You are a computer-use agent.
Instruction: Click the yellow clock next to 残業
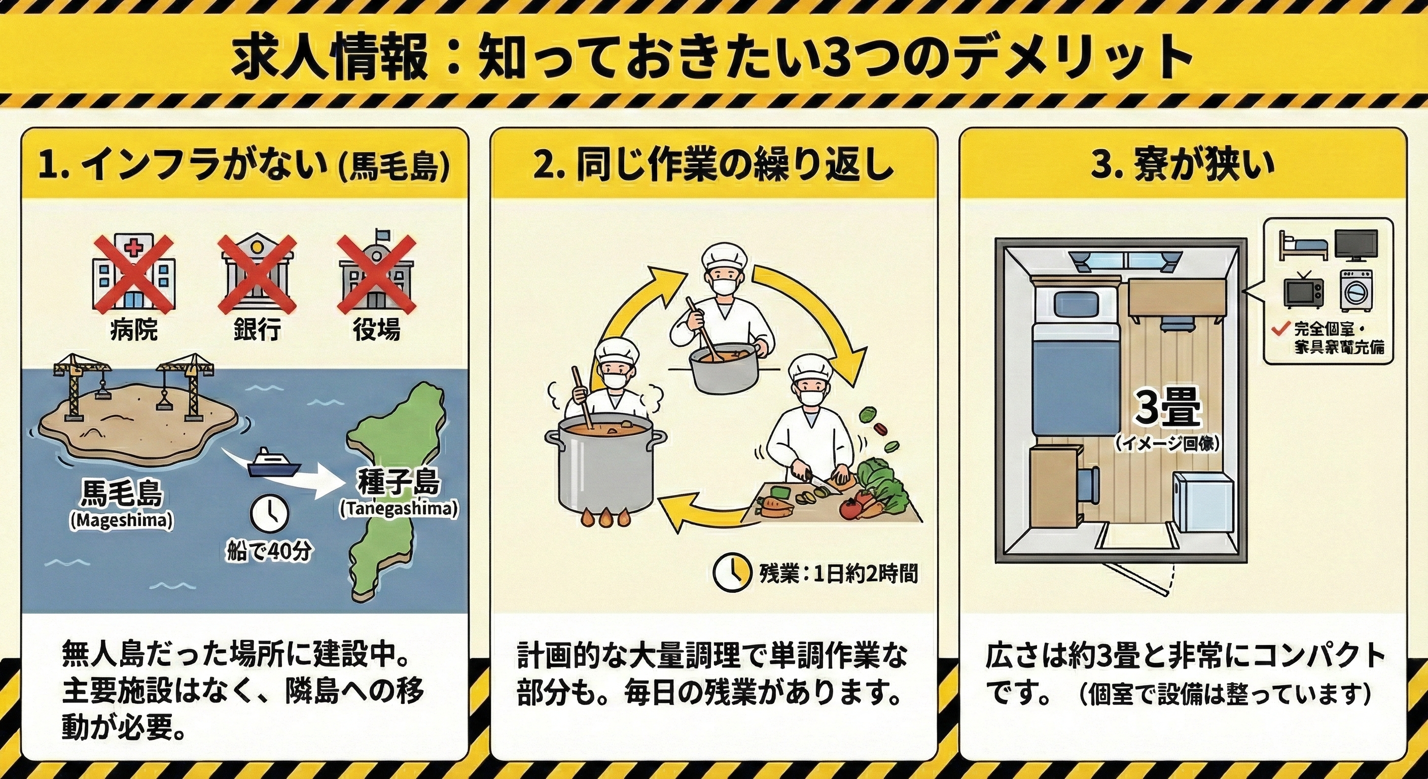tap(731, 573)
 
